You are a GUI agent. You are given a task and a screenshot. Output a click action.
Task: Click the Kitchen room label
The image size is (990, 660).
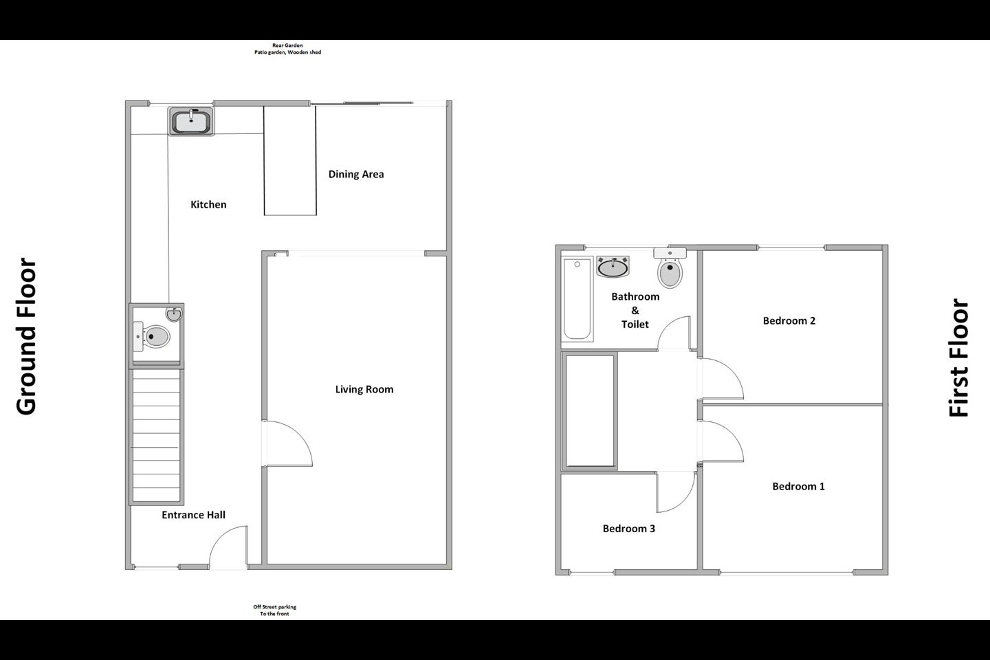[x=208, y=205]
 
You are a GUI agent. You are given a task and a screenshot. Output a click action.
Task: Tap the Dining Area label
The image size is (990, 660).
[x=356, y=174]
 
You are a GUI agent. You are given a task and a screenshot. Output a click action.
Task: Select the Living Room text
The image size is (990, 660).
[x=364, y=389]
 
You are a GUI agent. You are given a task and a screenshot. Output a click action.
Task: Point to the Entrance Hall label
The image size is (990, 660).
[x=194, y=515]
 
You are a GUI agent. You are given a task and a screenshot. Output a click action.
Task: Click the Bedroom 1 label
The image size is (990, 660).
[x=798, y=486]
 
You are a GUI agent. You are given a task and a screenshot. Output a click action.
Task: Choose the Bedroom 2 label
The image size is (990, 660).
[x=789, y=320]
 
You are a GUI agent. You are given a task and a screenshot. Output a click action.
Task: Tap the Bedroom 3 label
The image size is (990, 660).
[x=629, y=528]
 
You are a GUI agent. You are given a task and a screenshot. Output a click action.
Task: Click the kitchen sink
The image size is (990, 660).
[x=191, y=121]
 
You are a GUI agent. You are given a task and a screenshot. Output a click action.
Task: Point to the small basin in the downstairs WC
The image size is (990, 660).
[x=174, y=314]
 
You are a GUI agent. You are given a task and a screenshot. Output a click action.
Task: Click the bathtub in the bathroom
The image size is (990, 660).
[x=577, y=299]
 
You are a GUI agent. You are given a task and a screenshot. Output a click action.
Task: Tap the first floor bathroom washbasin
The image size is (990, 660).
[x=613, y=267]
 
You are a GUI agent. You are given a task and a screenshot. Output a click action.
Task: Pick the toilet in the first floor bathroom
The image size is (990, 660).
[x=670, y=267]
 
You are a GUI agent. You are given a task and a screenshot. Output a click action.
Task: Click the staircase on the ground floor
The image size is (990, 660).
[x=157, y=435]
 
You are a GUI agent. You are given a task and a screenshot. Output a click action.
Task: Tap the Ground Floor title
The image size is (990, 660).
[x=26, y=336]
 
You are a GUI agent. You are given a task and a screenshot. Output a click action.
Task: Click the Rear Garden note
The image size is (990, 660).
[x=287, y=49]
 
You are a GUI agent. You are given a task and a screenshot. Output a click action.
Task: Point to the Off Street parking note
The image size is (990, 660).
[x=274, y=610]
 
